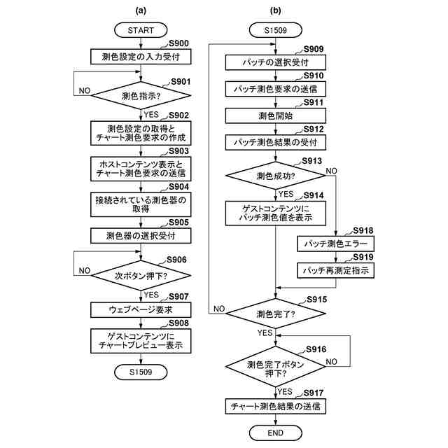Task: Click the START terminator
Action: [x=141, y=30]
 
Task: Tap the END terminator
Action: [x=275, y=433]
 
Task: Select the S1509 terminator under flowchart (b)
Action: [x=275, y=30]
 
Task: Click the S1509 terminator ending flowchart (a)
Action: [x=141, y=372]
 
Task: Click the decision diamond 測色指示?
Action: [x=141, y=95]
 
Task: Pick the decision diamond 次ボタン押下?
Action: [x=141, y=276]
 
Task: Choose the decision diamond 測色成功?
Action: [x=275, y=176]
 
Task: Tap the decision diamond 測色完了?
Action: [x=275, y=314]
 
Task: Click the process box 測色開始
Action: [x=275, y=115]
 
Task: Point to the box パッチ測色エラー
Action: [x=336, y=244]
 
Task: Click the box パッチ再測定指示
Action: [x=336, y=270]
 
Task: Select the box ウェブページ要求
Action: [x=141, y=309]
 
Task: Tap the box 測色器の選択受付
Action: [x=141, y=236]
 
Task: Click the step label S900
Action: [x=178, y=43]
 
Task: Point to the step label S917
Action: [x=314, y=393]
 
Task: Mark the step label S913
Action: [x=312, y=161]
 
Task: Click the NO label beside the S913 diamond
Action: [x=331, y=171]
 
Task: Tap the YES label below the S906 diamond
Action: [x=151, y=295]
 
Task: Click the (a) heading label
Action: [x=141, y=10]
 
